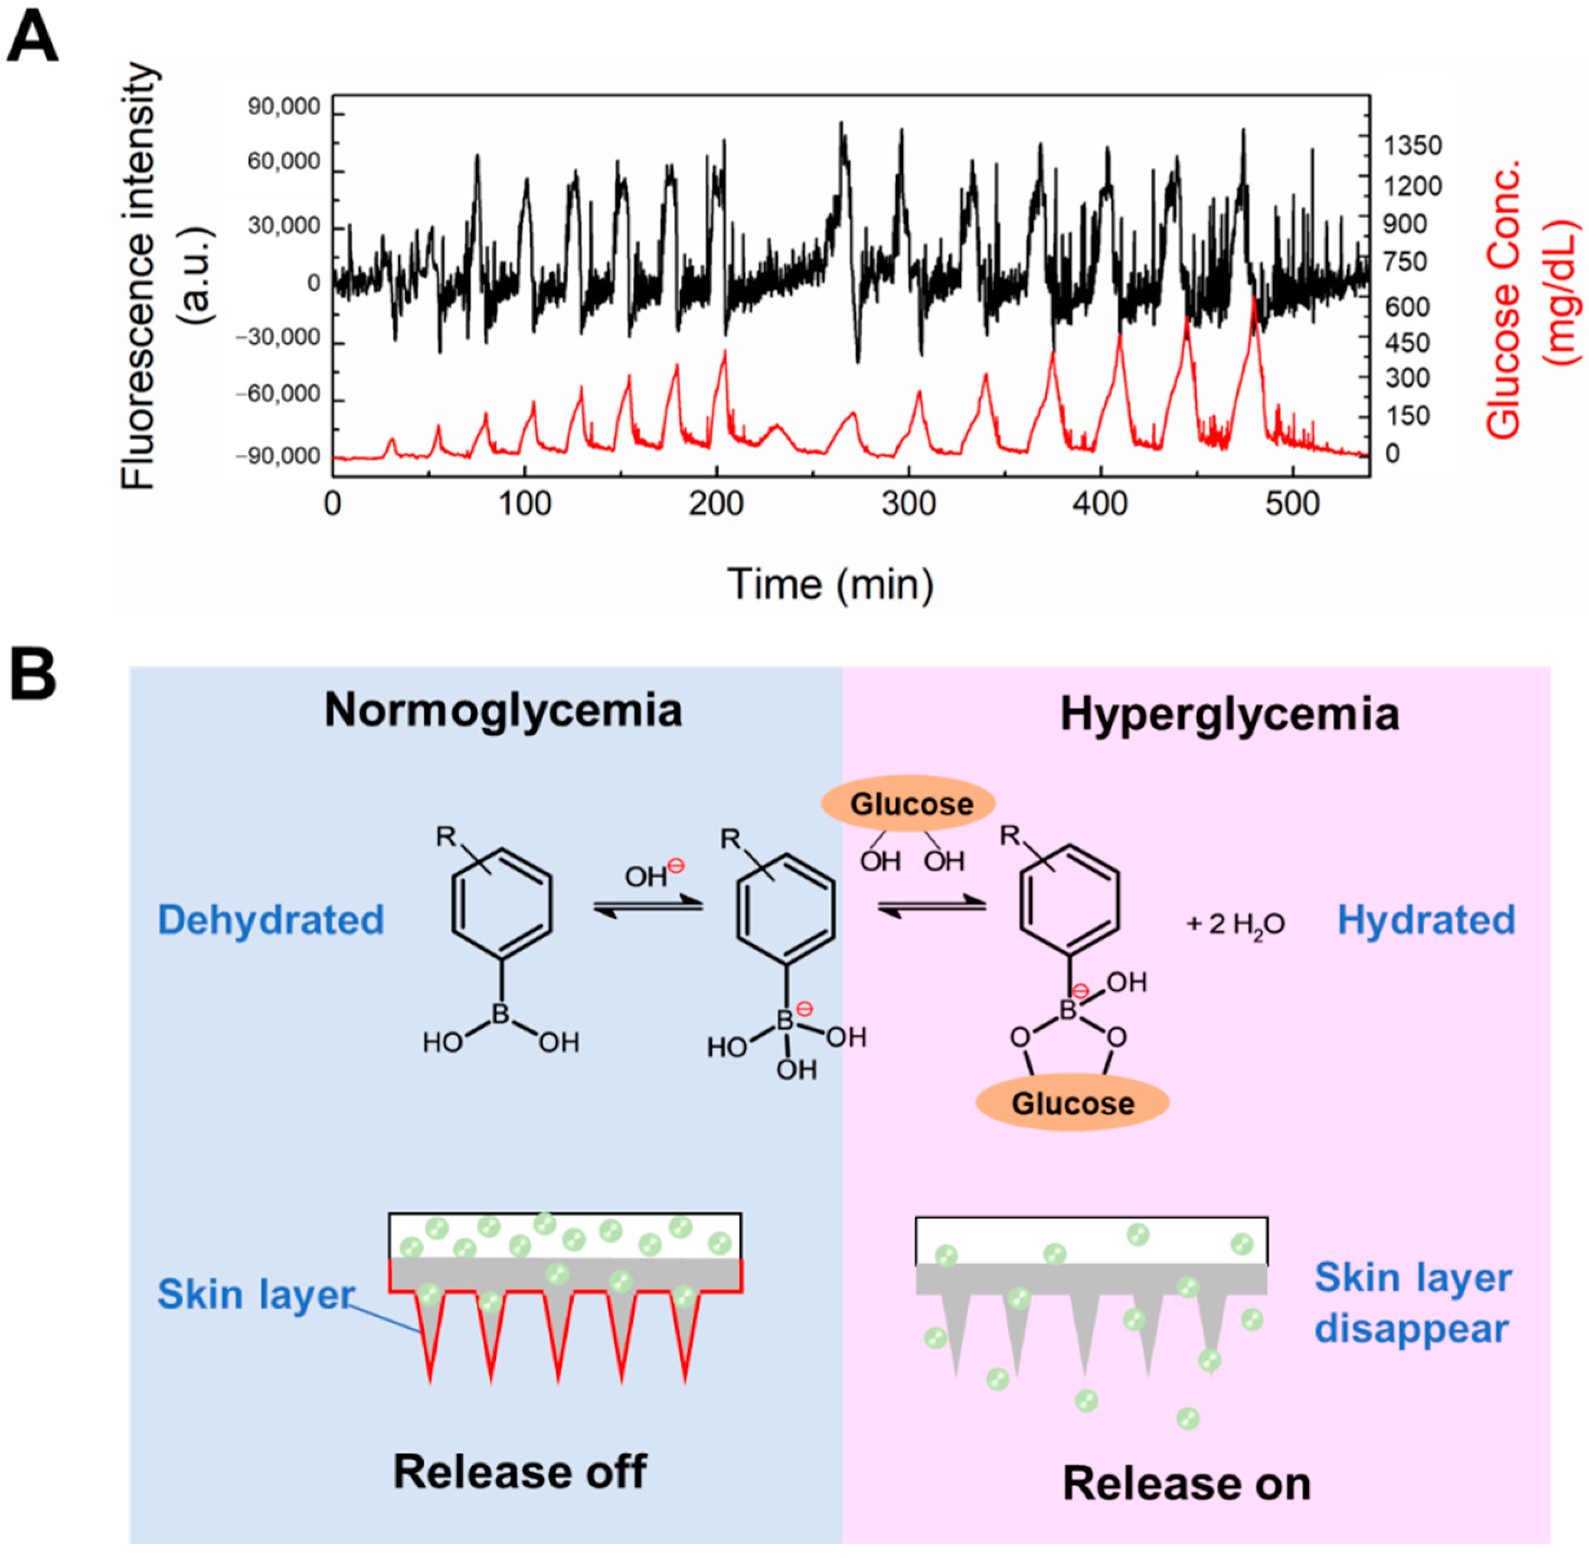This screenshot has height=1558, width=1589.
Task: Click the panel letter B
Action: [32, 674]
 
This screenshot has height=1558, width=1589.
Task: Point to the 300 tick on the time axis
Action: [908, 503]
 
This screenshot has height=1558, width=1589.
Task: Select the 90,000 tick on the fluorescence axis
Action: [284, 107]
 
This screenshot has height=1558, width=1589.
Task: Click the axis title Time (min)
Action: [830, 584]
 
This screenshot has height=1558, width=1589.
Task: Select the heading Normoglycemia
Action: [503, 710]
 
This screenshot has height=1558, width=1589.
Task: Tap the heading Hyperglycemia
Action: [1229, 714]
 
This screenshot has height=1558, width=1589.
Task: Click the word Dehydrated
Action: [271, 919]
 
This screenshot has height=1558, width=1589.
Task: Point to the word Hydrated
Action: [1425, 919]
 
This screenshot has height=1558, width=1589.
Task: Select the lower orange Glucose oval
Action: [1072, 1102]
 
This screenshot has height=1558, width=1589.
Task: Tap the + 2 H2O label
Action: [1235, 924]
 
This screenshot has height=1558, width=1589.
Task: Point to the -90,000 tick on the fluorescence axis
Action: [278, 456]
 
